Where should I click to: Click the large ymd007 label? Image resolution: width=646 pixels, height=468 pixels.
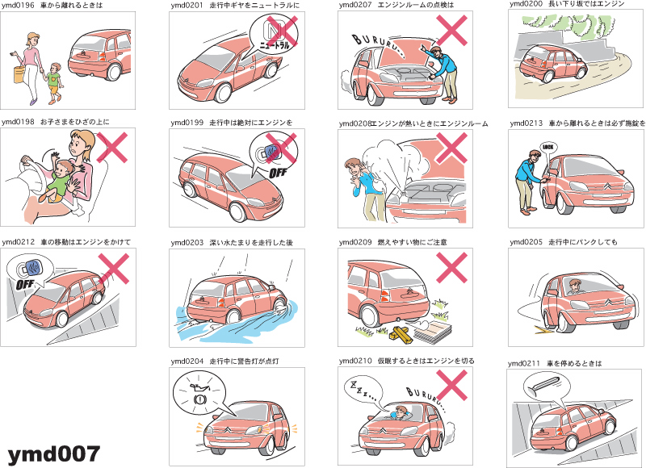pyautogui.click(x=53, y=454)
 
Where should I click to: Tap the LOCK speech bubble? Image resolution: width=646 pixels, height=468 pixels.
pyautogui.click(x=548, y=148)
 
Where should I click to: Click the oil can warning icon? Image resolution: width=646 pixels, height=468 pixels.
pyautogui.click(x=199, y=387)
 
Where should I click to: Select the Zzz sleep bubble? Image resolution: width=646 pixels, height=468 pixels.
pyautogui.click(x=362, y=393)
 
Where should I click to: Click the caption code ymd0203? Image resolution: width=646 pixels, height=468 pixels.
pyautogui.click(x=187, y=243)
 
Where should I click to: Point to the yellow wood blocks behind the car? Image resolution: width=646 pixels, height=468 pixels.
pyautogui.click(x=401, y=333)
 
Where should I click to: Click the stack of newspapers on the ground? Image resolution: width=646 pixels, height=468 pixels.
pyautogui.click(x=433, y=331)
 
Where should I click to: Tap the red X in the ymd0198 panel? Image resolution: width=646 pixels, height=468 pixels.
pyautogui.click(x=111, y=148)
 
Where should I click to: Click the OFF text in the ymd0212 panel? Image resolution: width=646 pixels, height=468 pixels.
pyautogui.click(x=25, y=284)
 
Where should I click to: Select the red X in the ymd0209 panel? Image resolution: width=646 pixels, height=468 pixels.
pyautogui.click(x=451, y=268)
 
